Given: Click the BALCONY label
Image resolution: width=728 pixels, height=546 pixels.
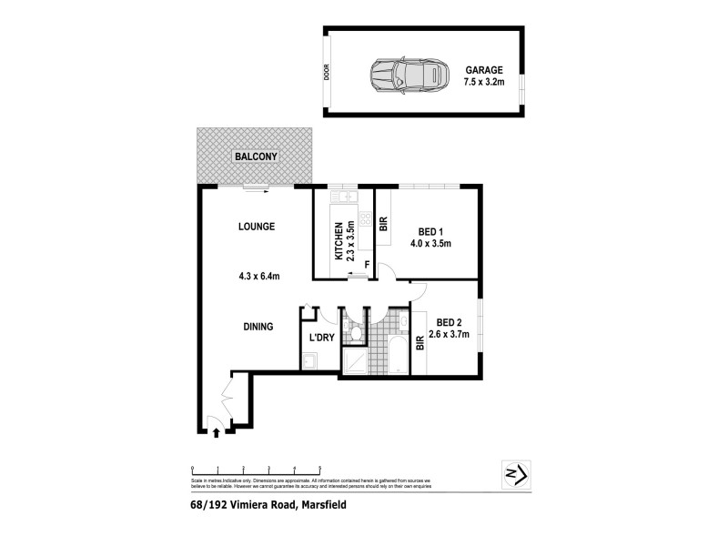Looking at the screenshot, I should pos(256,156).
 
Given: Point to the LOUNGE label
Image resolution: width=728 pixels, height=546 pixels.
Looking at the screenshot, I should pos(257,227).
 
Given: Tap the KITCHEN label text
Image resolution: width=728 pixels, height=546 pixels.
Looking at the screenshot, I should pos(339,242).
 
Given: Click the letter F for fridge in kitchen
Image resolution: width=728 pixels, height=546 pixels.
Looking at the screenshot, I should pos(366,267).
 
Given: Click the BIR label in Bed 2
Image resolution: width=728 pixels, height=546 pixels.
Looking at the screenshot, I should pos(420,343).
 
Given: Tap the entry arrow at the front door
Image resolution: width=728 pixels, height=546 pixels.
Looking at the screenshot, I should pos(216,433).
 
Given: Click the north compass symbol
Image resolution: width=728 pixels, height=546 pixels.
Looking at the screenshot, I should pos(516,474).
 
